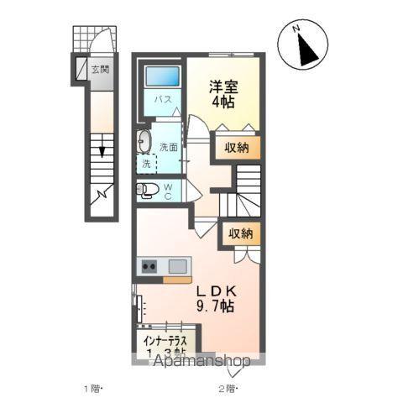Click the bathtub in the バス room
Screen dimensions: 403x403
(x=162, y=76)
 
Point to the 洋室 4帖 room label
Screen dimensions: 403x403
(x=222, y=93)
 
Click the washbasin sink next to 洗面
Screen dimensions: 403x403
(x=144, y=140)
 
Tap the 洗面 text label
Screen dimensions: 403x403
(x=169, y=147)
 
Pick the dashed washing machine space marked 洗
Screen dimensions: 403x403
(x=148, y=164)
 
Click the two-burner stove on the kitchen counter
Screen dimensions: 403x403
(x=149, y=267)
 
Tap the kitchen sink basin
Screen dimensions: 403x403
(x=177, y=267)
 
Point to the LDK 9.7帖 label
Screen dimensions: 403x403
(x=217, y=298)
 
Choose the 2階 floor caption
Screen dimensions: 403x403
(x=228, y=389)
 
